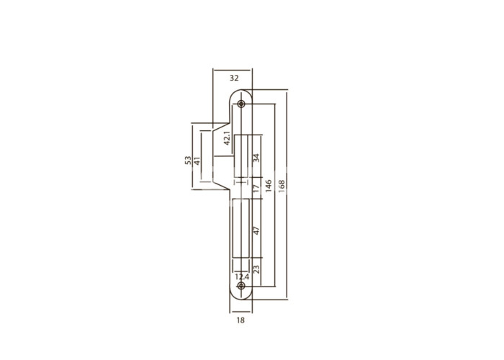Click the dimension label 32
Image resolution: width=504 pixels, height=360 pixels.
click(x=234, y=78)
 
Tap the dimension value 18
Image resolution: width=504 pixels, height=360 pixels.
click(x=240, y=320)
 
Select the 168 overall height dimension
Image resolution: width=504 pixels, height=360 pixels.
click(x=282, y=186)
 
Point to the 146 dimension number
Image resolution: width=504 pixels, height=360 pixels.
click(x=269, y=186)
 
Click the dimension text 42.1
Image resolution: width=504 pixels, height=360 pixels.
click(x=228, y=138)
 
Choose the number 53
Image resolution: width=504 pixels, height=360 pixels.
click(x=188, y=161)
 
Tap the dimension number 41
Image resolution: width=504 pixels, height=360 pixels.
click(x=197, y=161)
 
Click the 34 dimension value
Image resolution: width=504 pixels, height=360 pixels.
click(x=256, y=158)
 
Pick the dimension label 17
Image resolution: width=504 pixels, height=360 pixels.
click(x=256, y=189)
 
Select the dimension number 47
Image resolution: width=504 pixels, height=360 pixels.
click(x=256, y=230)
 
